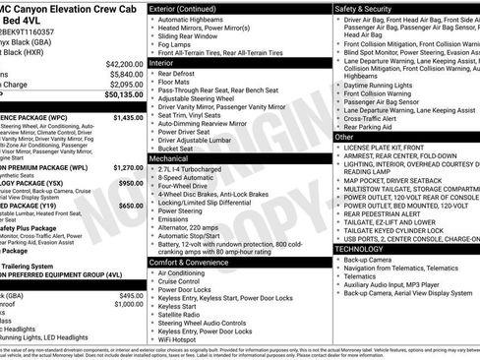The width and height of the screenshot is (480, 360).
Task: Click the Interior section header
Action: tap(163, 62)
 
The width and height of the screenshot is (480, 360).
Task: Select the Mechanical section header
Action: tap(169, 157)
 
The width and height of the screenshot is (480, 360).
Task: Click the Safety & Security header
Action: tap(367, 7)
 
